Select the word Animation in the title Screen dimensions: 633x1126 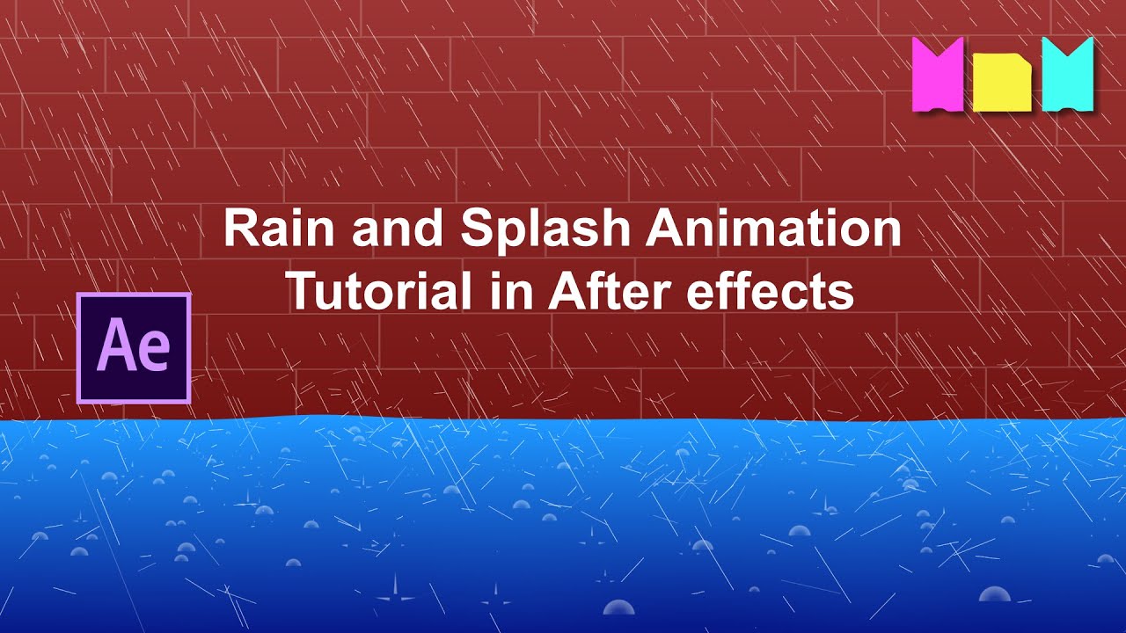774,229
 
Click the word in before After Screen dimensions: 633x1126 517,292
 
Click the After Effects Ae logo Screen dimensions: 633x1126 134,348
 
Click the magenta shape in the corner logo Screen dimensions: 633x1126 939,74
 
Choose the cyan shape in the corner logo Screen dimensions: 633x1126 1068,74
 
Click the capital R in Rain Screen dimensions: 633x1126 238,229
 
